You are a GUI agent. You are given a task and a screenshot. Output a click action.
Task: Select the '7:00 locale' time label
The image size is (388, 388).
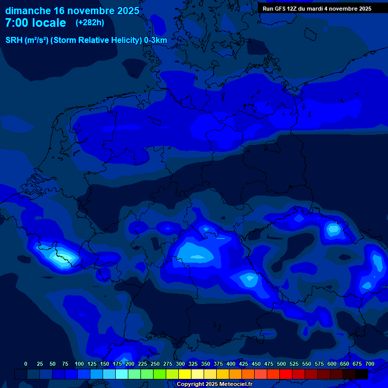click(35, 23)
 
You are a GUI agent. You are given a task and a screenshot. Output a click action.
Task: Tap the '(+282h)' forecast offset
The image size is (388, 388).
click(90, 23)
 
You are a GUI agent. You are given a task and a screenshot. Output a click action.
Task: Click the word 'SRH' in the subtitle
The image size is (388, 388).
click(14, 40)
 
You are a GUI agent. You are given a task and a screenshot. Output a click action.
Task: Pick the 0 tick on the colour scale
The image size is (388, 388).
click(26, 364)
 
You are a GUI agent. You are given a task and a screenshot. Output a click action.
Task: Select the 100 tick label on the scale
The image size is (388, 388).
click(79, 364)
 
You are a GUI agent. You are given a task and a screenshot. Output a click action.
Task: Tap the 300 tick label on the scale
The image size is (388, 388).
click(180, 364)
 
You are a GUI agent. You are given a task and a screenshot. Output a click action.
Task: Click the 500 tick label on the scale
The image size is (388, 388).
click(281, 364)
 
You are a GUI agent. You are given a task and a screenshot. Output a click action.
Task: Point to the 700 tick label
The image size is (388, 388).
click(370, 364)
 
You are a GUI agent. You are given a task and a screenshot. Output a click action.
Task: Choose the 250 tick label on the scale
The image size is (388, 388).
click(155, 364)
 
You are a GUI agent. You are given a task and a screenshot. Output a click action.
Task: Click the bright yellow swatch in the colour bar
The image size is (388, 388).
click(185, 374)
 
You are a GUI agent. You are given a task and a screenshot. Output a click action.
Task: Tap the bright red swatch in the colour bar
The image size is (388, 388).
click(286, 374)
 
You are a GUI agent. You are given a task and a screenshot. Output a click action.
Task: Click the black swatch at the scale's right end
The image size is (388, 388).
click(362, 374)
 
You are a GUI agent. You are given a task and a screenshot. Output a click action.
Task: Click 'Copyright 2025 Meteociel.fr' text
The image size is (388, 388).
click(214, 384)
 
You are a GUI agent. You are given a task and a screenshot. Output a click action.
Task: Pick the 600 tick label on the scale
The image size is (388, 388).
click(332, 364)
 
